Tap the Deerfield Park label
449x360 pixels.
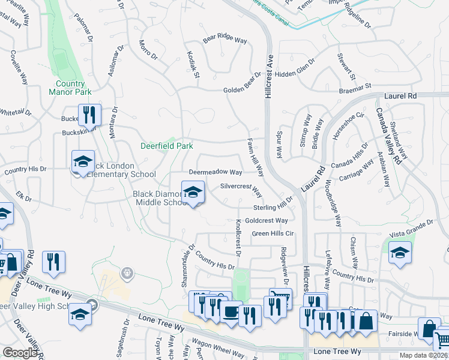(x=167, y=146)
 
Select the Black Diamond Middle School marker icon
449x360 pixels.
(x=193, y=193)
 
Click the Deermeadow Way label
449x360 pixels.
(x=215, y=172)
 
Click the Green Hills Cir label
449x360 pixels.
(x=273, y=233)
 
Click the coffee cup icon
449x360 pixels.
(x=229, y=311)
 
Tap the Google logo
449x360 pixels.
(x=20, y=353)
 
